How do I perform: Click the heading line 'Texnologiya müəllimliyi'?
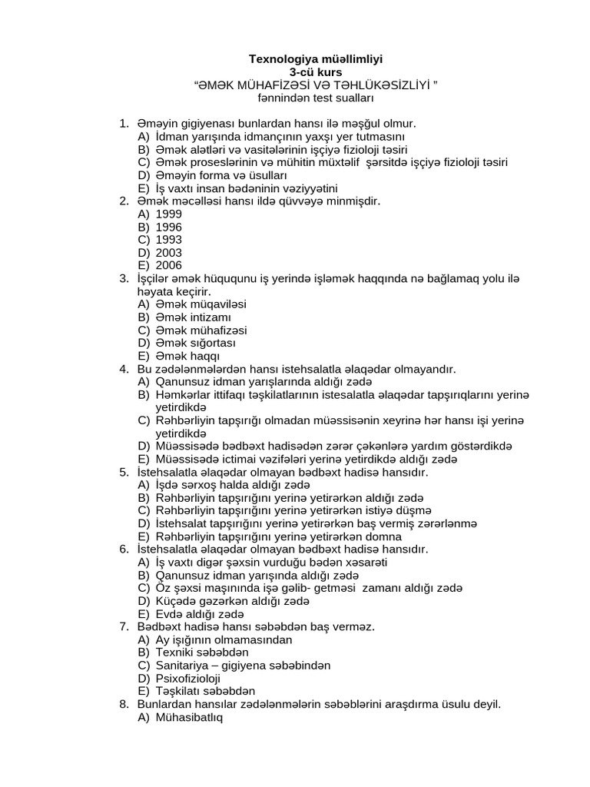pyautogui.click(x=317, y=58)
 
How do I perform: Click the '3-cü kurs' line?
pyautogui.click(x=317, y=71)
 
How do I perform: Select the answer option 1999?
pyautogui.click(x=168, y=214)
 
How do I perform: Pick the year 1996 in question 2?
pyautogui.click(x=168, y=227)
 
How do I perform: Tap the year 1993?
pyautogui.click(x=168, y=240)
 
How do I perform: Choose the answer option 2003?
pyautogui.click(x=168, y=253)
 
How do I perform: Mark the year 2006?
pyautogui.click(x=168, y=265)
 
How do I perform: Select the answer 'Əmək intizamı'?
pyautogui.click(x=194, y=317)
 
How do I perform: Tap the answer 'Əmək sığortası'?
pyautogui.click(x=196, y=343)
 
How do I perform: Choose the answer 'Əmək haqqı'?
pyautogui.click(x=187, y=356)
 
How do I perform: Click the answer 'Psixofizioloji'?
pyautogui.click(x=188, y=678)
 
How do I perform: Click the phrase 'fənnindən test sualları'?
pyautogui.click(x=317, y=98)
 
